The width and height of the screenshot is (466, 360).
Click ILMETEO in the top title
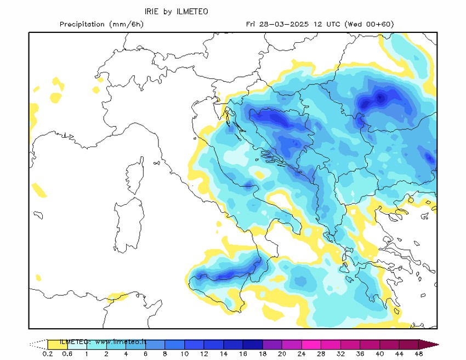tap(192, 12)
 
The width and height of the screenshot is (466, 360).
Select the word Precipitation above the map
tap(82, 24)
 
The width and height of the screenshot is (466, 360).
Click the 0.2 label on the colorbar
tap(48, 355)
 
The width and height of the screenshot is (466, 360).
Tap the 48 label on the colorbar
tap(419, 355)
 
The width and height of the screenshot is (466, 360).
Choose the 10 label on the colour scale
tap(185, 355)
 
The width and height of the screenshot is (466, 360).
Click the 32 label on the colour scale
tap(341, 355)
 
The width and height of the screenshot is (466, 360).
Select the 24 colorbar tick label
tap(302, 355)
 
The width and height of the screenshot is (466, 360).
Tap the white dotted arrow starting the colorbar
tap(38, 345)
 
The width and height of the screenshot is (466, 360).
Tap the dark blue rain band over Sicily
tap(225, 274)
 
